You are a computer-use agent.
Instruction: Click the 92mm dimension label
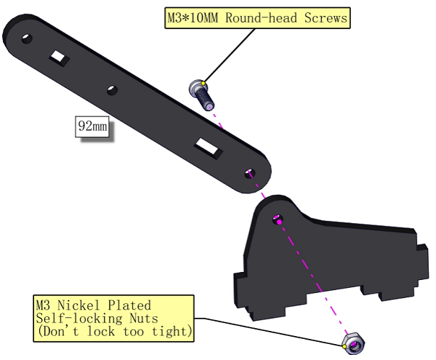[92, 127]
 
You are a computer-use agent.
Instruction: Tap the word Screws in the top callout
[326, 17]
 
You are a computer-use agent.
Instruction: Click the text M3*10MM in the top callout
[193, 17]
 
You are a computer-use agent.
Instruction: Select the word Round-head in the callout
[261, 17]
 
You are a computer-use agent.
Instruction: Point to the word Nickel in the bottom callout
[78, 305]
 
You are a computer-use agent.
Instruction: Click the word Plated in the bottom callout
[129, 305]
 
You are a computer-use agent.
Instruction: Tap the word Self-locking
[79, 319]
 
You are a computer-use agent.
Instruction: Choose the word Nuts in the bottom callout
[144, 319]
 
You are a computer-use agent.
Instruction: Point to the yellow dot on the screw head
[203, 83]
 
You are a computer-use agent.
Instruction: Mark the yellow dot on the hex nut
[344, 346]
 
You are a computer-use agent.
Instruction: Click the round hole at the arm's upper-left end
[27, 39]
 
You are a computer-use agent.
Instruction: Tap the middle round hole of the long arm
[112, 90]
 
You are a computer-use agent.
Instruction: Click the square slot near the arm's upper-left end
[60, 58]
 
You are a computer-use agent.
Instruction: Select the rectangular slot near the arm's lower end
[209, 148]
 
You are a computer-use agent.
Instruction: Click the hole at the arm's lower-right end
[250, 174]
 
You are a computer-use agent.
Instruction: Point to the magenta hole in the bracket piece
[278, 220]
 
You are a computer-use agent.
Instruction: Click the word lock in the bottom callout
[101, 332]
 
